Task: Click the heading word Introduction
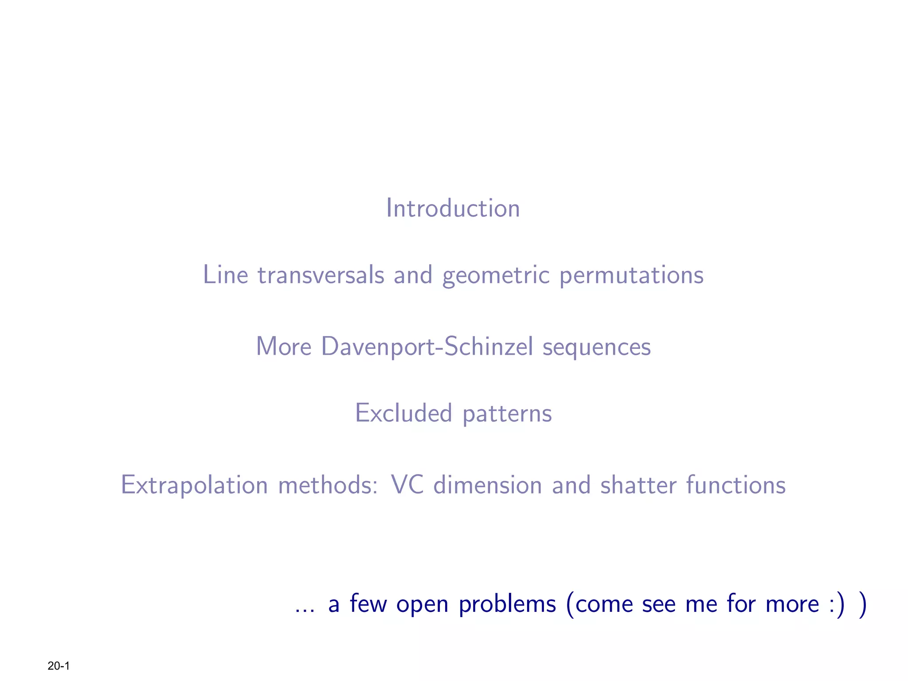click(453, 208)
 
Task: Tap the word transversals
click(321, 275)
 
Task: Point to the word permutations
click(631, 275)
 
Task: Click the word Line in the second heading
click(225, 275)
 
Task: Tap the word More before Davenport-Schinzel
click(284, 347)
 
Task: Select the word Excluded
click(403, 413)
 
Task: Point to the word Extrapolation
click(194, 485)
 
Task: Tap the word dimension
click(488, 485)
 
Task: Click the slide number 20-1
click(59, 665)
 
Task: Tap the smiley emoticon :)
click(836, 604)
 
